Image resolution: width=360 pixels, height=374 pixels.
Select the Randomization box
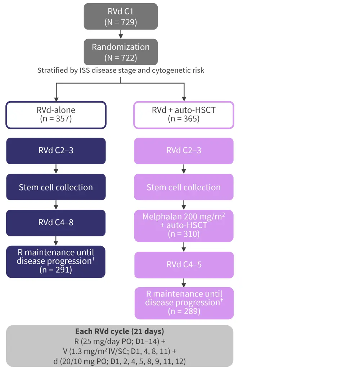121,52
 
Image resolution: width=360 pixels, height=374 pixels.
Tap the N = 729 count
121,22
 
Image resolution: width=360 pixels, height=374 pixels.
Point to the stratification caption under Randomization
121,71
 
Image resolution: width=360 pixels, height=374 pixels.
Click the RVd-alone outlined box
56,115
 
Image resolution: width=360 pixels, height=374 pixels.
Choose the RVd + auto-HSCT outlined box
184,115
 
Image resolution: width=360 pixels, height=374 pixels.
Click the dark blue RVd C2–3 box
56,151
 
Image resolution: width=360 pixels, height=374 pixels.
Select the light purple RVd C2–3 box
184,151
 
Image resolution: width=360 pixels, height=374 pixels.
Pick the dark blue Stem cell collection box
56,187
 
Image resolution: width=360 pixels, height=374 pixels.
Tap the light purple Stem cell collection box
184,187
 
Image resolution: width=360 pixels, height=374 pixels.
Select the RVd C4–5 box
184,265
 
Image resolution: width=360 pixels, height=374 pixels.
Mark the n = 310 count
184,234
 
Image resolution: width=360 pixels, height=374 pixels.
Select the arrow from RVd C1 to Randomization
121,34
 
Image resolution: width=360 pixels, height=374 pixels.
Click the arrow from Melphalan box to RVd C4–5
184,247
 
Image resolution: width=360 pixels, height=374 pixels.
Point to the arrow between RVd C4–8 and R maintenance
56,241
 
